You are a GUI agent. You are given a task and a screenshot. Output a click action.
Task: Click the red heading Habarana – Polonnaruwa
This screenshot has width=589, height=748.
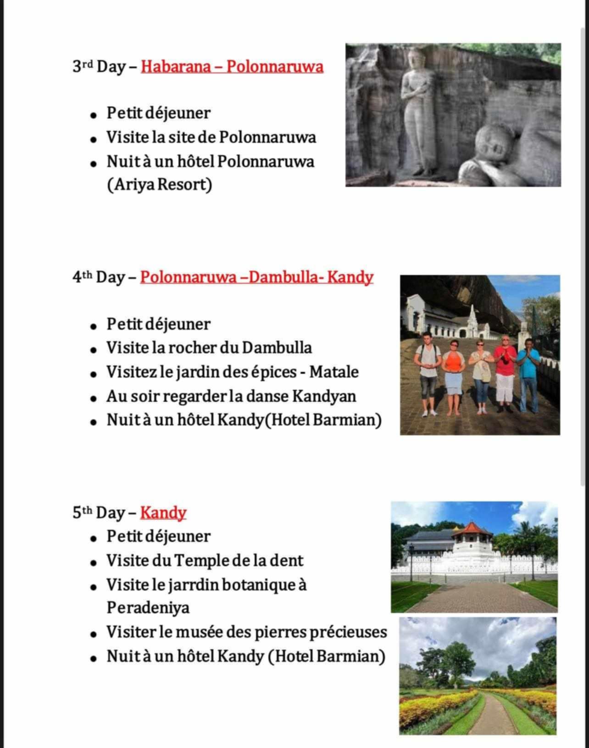point(232,67)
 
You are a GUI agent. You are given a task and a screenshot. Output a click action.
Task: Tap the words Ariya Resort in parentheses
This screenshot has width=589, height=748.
point(159,185)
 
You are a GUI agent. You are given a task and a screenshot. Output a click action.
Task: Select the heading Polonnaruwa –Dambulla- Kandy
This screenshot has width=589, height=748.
point(256,277)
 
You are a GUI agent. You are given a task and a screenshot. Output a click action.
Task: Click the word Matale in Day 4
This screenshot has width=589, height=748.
point(333,372)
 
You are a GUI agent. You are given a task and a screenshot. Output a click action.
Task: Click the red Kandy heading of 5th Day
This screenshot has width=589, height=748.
point(163,512)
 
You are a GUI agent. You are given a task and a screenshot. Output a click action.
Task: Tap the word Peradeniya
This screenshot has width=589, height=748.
point(148,608)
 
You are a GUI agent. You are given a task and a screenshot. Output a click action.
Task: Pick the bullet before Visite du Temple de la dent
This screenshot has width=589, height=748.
point(94,562)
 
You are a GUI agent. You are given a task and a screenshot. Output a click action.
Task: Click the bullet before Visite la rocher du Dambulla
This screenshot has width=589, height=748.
point(94,349)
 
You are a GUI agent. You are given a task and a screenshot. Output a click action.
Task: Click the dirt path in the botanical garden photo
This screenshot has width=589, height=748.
point(493,716)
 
